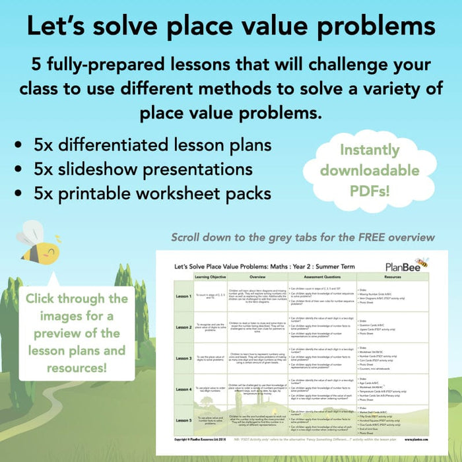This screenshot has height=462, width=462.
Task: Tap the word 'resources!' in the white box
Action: (77, 366)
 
